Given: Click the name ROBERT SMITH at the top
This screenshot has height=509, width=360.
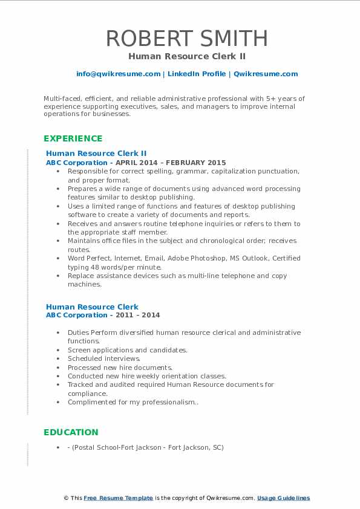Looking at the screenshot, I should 187,38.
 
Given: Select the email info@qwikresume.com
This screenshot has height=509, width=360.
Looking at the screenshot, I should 118,74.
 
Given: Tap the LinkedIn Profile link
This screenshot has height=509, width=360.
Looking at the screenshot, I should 196,74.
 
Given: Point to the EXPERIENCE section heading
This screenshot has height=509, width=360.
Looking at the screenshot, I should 73,138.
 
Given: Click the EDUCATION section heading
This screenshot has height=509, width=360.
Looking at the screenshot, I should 71,432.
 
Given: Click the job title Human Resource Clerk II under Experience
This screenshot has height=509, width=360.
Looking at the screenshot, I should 96,154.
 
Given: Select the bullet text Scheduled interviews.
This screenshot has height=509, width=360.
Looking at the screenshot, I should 104,358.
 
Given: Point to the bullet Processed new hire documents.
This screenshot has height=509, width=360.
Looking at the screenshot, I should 120,367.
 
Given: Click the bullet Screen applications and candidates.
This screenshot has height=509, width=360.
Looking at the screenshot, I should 127,350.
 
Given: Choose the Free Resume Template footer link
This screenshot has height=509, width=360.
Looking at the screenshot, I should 118,498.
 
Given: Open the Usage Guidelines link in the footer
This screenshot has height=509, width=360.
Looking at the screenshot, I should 283,498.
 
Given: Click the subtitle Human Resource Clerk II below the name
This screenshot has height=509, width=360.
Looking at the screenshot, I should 186,56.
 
